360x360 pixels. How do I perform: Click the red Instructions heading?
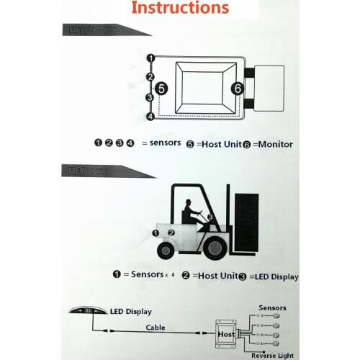pyautogui.click(x=181, y=9)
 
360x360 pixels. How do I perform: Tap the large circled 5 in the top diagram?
pyautogui.click(x=162, y=88)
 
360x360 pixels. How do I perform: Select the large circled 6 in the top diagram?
pyautogui.click(x=236, y=88)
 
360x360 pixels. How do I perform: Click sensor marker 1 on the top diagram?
pyautogui.click(x=150, y=58)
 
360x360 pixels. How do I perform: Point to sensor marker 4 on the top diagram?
pyautogui.click(x=150, y=116)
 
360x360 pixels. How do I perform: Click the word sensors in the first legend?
pyautogui.click(x=159, y=143)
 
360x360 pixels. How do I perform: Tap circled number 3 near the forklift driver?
pyautogui.click(x=210, y=217)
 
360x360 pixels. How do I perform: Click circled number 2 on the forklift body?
pyautogui.click(x=171, y=233)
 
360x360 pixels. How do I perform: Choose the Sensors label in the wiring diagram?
pyautogui.click(x=272, y=306)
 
